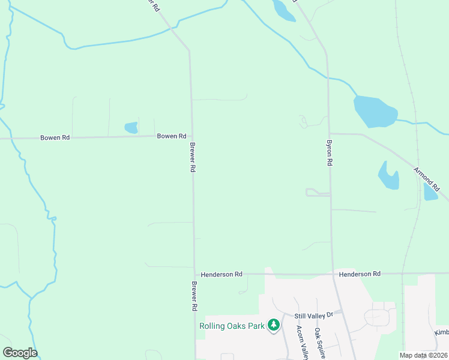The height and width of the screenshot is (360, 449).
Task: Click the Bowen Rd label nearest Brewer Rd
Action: (x=171, y=136)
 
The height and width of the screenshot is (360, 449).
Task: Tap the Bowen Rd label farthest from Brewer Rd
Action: (x=55, y=137)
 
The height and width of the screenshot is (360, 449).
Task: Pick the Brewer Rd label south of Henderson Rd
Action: (x=194, y=296)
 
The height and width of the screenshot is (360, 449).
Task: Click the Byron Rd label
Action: (x=330, y=153)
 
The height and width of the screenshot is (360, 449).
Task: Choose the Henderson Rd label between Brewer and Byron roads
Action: (x=221, y=274)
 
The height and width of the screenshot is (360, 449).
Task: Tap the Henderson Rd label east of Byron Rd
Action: (x=360, y=274)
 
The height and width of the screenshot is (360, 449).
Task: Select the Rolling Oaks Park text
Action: (x=231, y=326)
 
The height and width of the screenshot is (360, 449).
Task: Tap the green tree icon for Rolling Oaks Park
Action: (x=274, y=325)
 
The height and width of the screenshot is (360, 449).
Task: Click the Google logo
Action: (x=20, y=352)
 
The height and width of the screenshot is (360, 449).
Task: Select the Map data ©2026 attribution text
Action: (x=423, y=355)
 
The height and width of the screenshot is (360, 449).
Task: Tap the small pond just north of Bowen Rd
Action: (x=131, y=127)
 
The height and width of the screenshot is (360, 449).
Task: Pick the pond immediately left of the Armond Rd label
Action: (x=388, y=175)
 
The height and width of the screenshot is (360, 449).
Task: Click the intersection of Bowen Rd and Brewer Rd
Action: (x=191, y=136)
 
